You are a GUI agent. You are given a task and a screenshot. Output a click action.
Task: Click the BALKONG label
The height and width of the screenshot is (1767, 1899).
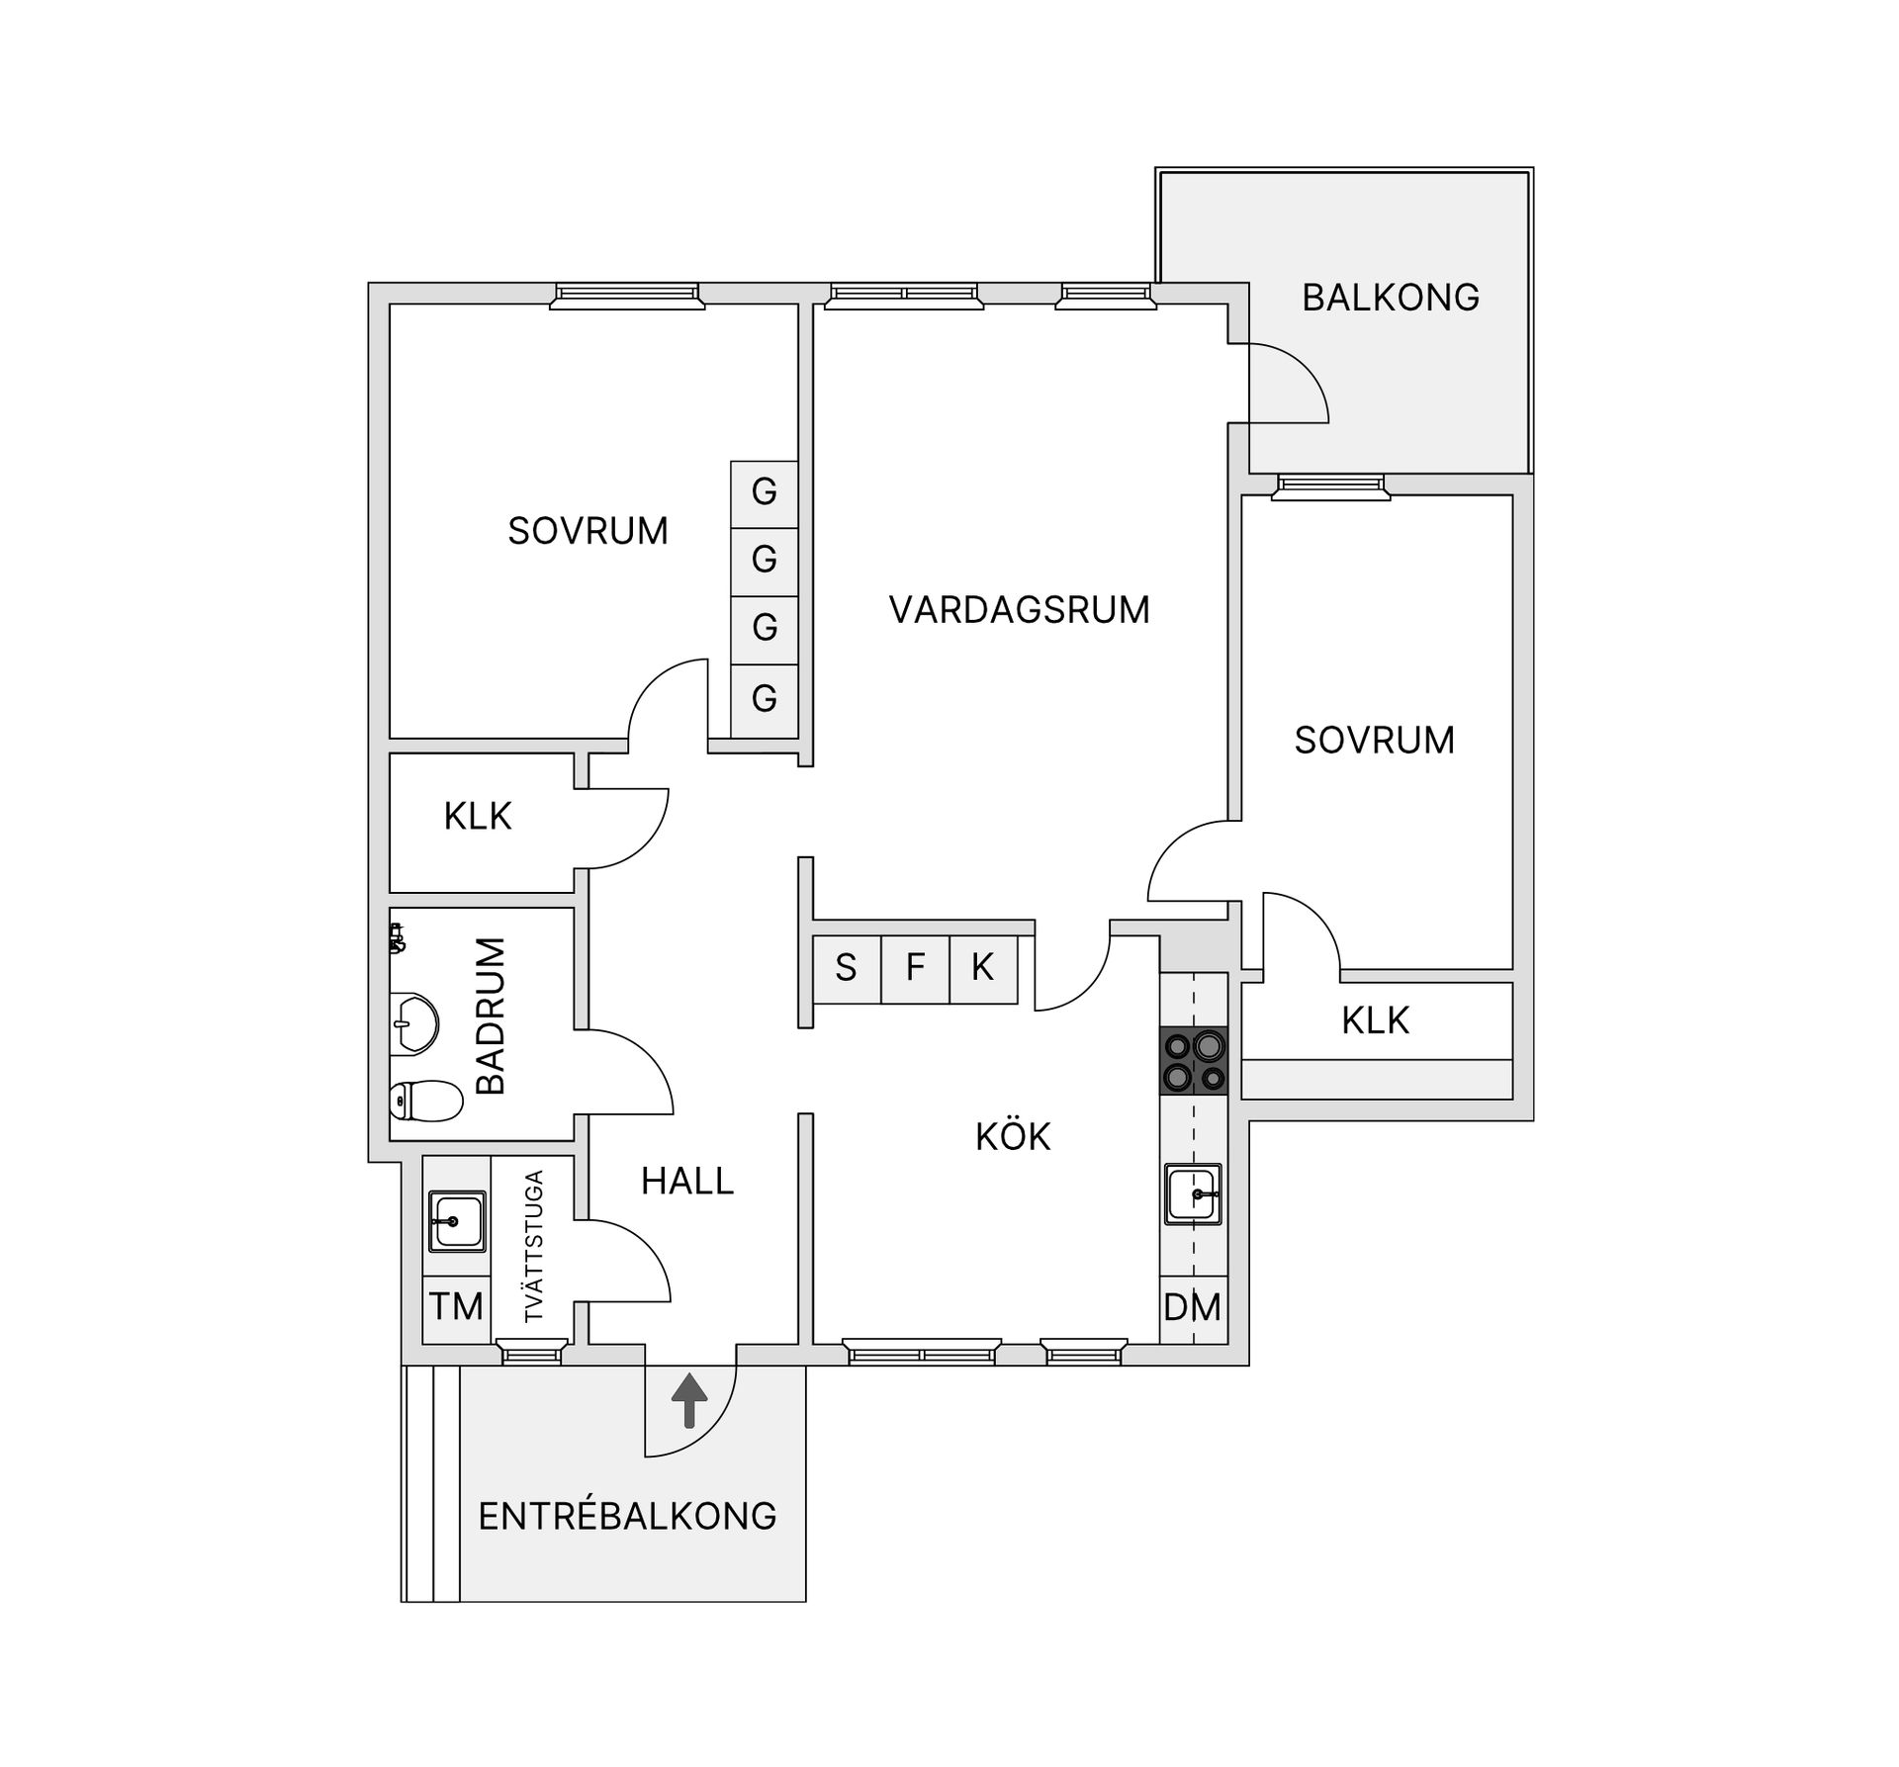(x=1390, y=298)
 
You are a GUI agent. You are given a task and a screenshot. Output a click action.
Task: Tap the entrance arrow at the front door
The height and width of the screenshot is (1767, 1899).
(x=689, y=1400)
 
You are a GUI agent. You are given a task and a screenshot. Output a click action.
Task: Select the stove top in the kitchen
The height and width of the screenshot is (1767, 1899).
(x=1194, y=1060)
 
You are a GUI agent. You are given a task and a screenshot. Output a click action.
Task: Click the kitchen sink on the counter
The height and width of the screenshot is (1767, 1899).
(x=1193, y=1194)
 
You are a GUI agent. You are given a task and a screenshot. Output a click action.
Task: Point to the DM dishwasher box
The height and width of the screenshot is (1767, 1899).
(x=1192, y=1307)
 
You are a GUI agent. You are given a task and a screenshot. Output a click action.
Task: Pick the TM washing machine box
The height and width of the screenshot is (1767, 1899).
(x=456, y=1307)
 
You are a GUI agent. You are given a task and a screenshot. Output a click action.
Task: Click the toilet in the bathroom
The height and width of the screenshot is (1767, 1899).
(x=426, y=1101)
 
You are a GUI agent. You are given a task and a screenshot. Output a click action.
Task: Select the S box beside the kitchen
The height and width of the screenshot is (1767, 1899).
(x=846, y=967)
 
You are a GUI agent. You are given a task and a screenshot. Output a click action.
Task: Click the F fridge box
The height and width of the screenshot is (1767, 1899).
(x=915, y=967)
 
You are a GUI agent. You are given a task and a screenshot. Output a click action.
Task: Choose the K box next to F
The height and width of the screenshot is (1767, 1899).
(x=982, y=967)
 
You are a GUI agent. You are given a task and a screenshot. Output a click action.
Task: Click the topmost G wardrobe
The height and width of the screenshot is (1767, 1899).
(x=764, y=492)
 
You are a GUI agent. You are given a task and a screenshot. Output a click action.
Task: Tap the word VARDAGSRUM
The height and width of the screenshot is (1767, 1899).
(x=1019, y=610)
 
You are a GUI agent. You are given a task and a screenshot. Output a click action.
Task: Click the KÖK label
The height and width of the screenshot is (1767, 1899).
(x=1013, y=1137)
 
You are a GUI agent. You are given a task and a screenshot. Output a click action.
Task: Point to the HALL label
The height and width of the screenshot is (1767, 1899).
(x=687, y=1182)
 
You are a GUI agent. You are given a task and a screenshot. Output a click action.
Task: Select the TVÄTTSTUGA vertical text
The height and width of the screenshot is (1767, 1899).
(x=534, y=1246)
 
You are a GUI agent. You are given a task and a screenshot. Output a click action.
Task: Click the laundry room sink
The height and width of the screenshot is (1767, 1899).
(x=456, y=1220)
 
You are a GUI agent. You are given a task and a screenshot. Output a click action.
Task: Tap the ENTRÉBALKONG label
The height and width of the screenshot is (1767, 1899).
(x=627, y=1516)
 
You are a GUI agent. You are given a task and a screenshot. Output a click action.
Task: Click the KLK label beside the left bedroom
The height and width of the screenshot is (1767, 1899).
(x=478, y=817)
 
